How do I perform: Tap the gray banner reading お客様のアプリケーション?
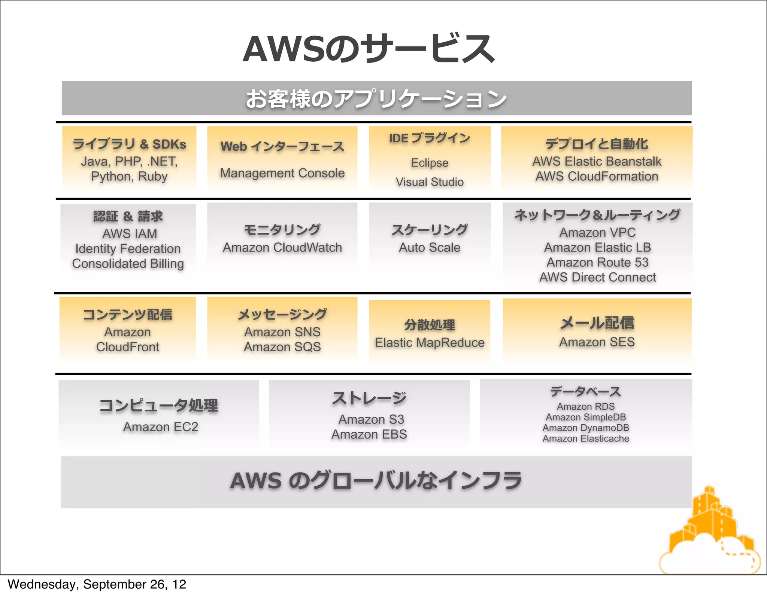click(376, 98)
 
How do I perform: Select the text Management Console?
click(282, 173)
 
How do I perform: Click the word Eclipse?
click(430, 163)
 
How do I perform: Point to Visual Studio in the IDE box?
click(430, 182)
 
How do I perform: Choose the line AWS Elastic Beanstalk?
click(597, 161)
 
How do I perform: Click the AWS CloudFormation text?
click(597, 176)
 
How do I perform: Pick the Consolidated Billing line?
click(128, 263)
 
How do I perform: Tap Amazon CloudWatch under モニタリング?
click(282, 247)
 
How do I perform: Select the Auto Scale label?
click(430, 247)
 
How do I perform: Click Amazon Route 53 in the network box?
click(597, 262)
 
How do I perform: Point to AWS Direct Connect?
click(597, 277)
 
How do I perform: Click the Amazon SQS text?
click(282, 347)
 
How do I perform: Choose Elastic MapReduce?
click(430, 342)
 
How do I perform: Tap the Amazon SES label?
click(597, 342)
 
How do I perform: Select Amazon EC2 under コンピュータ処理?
click(160, 427)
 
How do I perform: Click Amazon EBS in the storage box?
click(369, 434)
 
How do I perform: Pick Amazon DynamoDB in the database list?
click(586, 428)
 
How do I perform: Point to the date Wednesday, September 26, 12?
click(97, 584)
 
